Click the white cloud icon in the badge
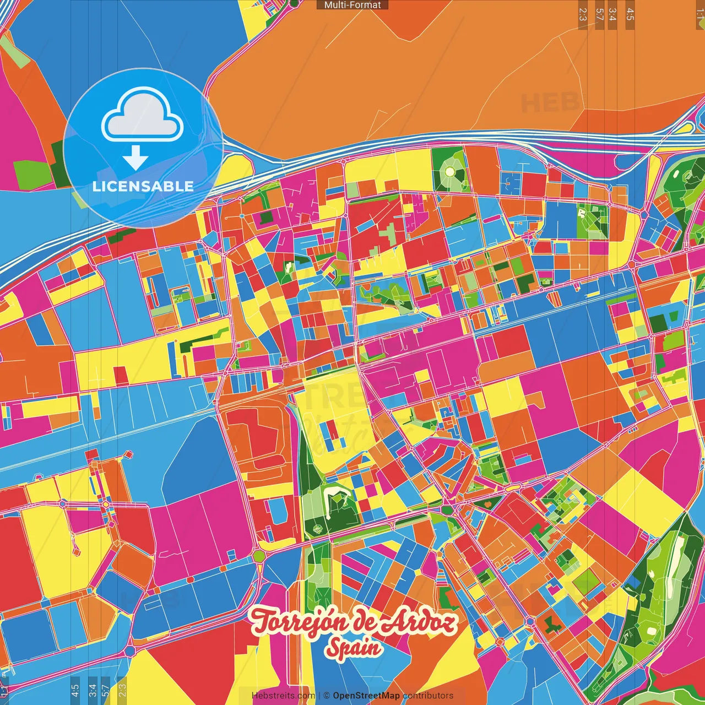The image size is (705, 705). coord(143,117)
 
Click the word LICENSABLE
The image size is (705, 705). coord(143,186)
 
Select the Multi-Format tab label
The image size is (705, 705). coord(352,5)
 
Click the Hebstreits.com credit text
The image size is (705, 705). coord(283,696)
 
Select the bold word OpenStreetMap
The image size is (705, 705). coord(366,696)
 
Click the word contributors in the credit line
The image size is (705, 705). coord(428,696)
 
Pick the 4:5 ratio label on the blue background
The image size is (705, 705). coord(75,688)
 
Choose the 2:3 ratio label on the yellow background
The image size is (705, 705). coord(122,688)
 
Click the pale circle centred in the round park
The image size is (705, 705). coord(450,172)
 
